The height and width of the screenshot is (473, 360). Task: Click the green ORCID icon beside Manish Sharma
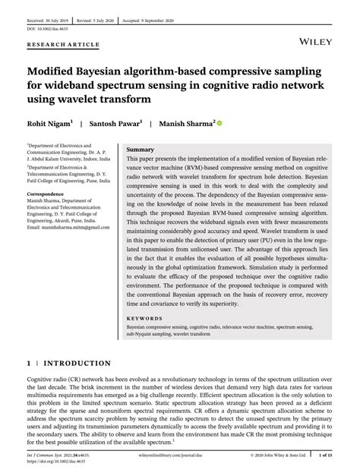(x=219, y=122)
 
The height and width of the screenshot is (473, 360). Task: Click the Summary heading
(x=141, y=150)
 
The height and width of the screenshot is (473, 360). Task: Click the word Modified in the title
(x=58, y=71)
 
